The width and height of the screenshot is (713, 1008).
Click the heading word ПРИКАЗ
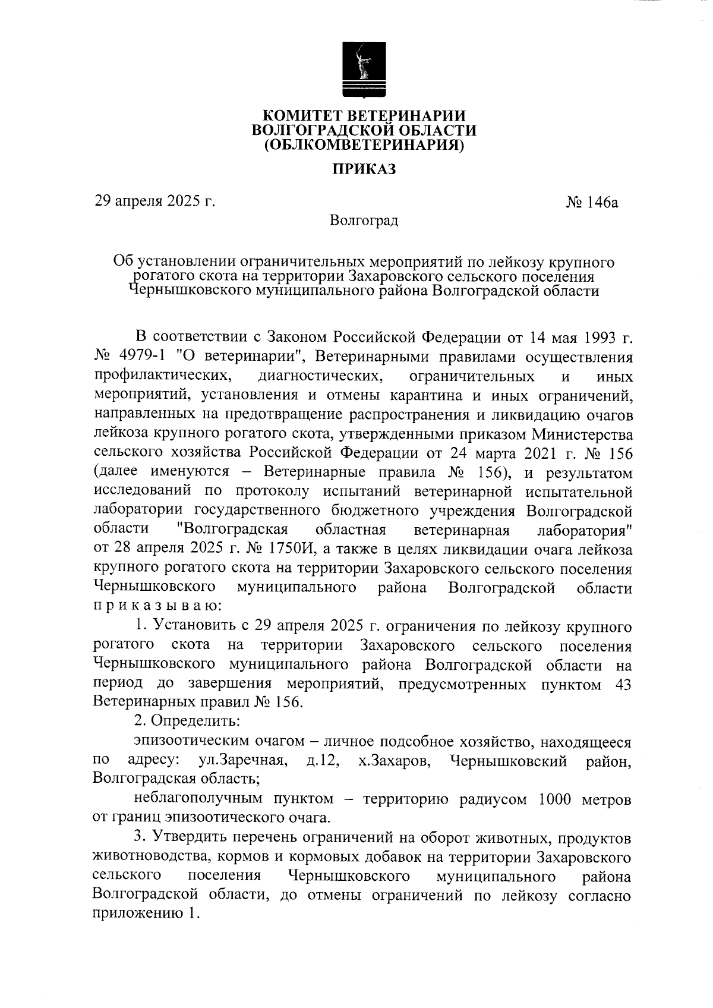[364, 169]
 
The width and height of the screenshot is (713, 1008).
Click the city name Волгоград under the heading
[364, 221]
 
